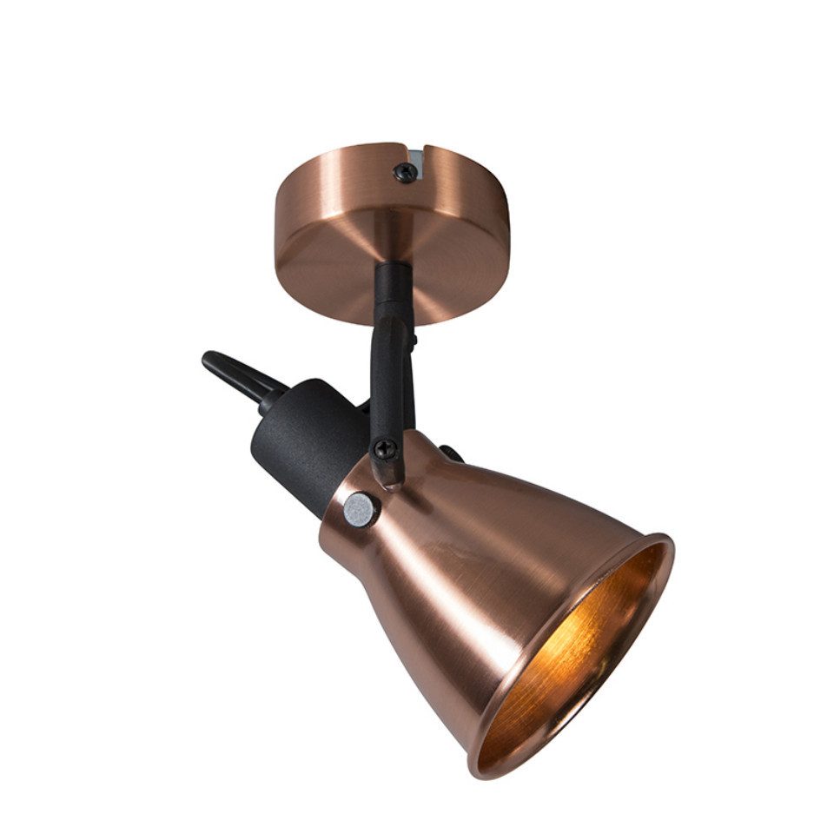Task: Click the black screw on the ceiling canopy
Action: pos(406,172)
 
